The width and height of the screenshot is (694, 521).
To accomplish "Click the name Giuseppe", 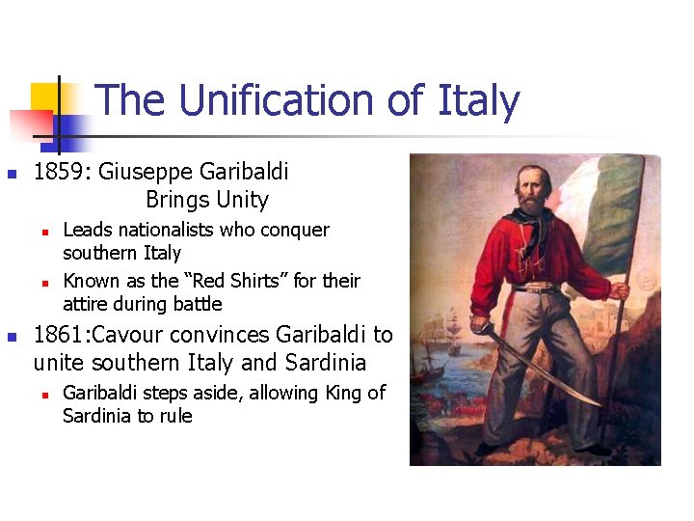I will click(x=146, y=173).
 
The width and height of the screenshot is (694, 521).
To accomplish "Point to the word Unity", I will click(x=242, y=200).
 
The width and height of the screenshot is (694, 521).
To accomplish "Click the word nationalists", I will click(x=167, y=230).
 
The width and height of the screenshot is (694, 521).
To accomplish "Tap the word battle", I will click(x=196, y=304).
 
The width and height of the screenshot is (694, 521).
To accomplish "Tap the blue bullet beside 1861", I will click(x=12, y=337).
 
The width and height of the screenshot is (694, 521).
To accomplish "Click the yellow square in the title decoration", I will click(x=45, y=99).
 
